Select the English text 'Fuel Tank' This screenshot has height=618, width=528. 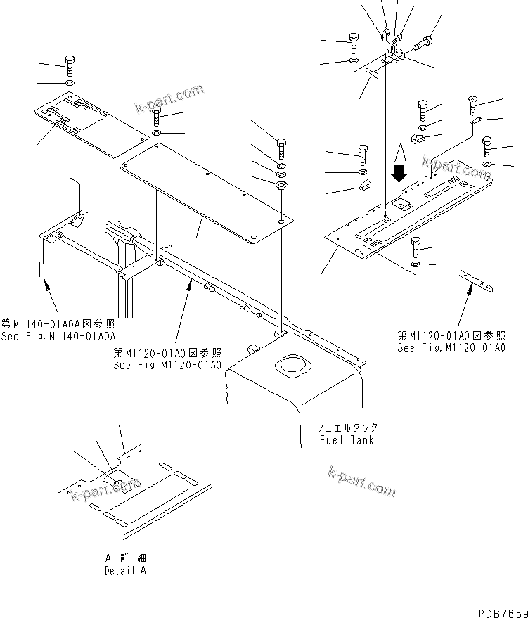[x=345, y=440]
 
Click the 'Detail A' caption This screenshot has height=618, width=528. [x=125, y=571]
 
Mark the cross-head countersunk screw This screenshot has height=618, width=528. [x=472, y=106]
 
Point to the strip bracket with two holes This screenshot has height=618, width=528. [x=477, y=281]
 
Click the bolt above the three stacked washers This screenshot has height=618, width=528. [x=281, y=147]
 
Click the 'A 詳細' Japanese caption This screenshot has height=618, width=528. [x=124, y=558]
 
